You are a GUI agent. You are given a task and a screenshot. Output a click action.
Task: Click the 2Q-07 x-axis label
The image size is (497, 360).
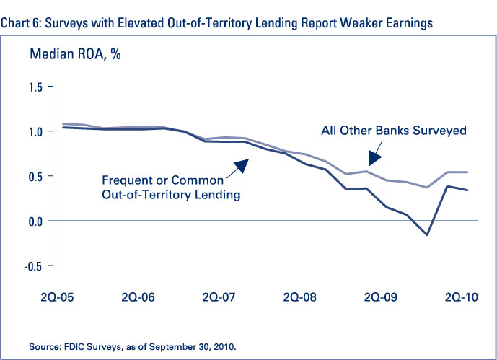219,296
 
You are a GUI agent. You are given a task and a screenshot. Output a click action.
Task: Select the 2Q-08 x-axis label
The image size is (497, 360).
300,296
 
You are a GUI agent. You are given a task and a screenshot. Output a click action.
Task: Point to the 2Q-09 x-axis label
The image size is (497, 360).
382,296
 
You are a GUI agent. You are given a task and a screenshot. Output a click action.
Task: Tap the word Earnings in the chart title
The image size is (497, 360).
407,23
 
